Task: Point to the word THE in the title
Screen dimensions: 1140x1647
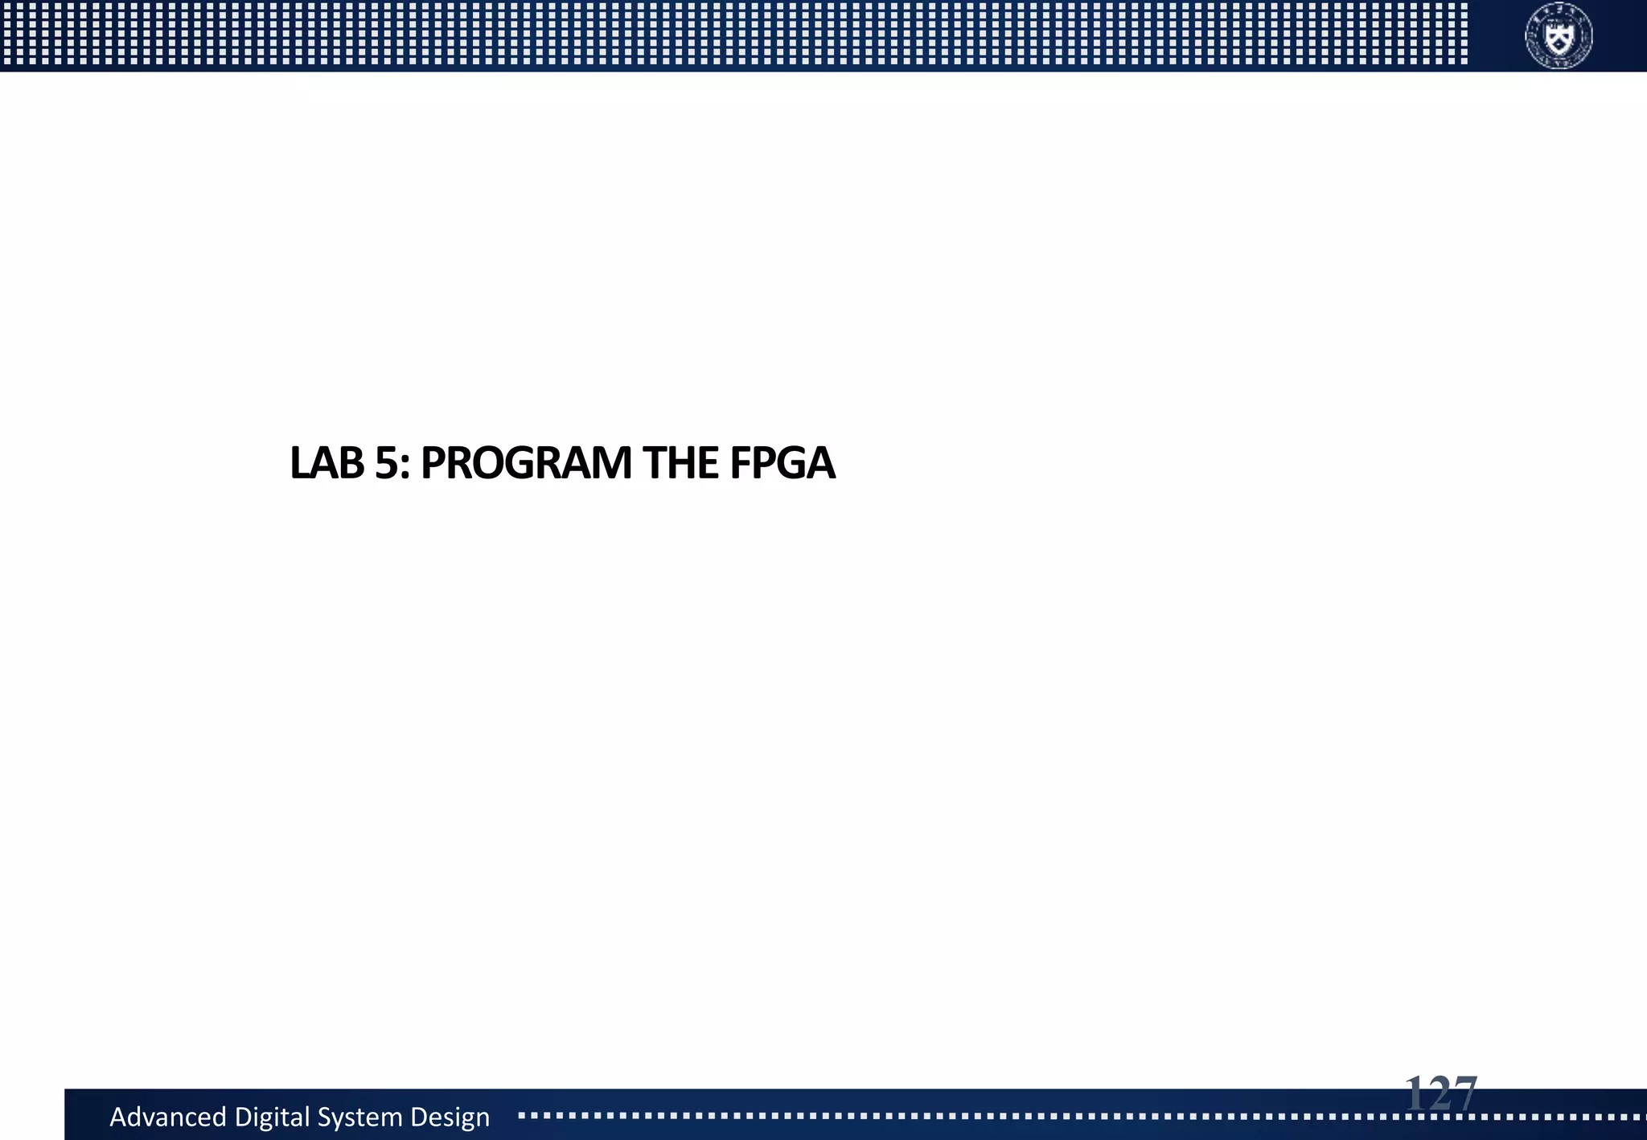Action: [x=680, y=463]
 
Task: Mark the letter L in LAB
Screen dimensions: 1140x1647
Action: [x=298, y=463]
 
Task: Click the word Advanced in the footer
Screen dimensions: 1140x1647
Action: [x=168, y=1117]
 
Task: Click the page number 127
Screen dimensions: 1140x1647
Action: [x=1441, y=1094]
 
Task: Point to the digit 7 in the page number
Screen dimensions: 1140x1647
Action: [x=1463, y=1094]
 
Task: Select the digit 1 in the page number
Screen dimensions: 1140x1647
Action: [x=1416, y=1094]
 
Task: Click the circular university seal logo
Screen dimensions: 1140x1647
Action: [x=1559, y=36]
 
